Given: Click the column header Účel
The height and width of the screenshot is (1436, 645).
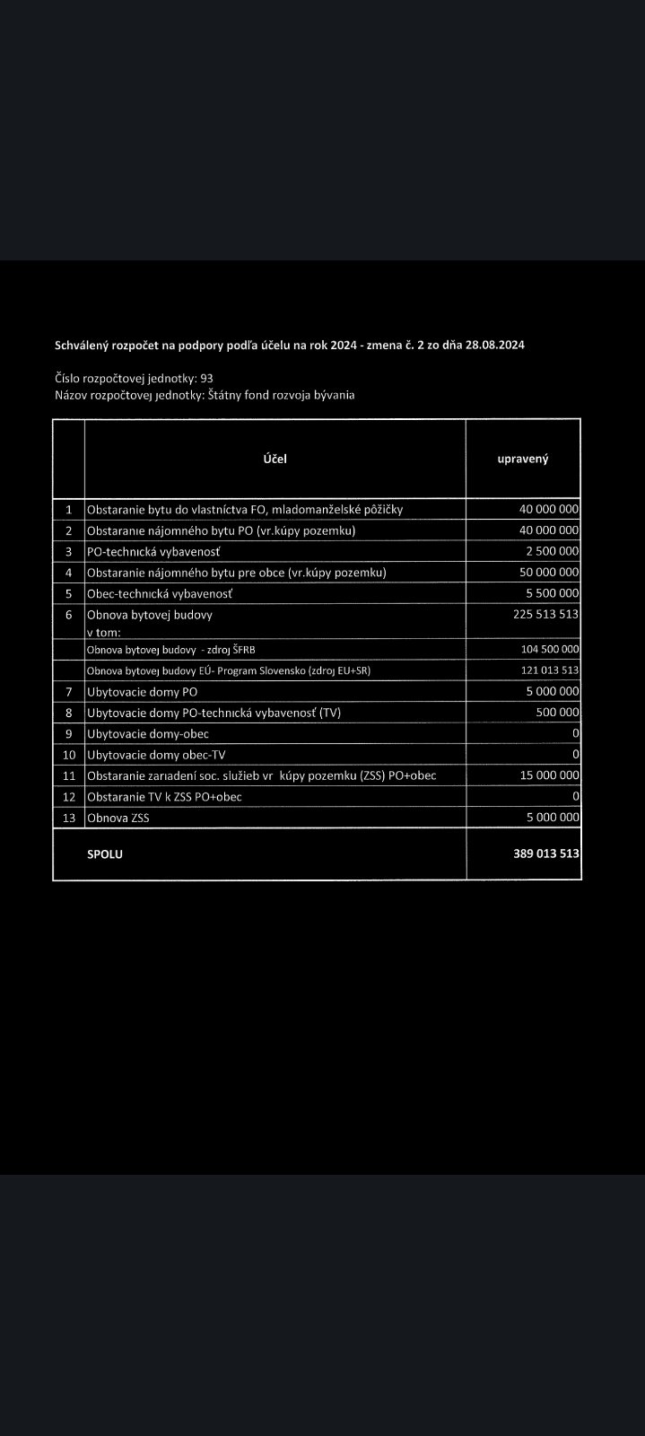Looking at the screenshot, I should click(275, 459).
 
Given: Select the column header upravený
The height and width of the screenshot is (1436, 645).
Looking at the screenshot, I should click(523, 459).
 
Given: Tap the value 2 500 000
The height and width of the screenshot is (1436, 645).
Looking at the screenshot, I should click(552, 551).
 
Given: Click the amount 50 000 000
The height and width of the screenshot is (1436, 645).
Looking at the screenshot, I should click(549, 572).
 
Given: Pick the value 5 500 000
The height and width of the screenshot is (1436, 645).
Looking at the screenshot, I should click(552, 593).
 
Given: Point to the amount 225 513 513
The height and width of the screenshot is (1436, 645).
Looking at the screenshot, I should click(545, 615).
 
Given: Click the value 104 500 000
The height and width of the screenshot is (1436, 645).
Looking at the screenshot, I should click(549, 649).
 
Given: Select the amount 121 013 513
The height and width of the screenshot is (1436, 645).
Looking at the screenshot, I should click(549, 670).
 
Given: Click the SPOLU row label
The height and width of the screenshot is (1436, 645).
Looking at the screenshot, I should click(105, 854).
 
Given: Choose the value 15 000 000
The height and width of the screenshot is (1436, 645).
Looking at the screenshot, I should click(549, 775).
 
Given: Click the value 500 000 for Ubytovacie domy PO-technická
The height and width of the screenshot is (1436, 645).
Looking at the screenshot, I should click(559, 712).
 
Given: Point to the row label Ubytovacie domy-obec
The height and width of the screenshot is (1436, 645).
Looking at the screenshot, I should click(148, 733).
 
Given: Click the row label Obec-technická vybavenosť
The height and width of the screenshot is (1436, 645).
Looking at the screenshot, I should click(159, 593).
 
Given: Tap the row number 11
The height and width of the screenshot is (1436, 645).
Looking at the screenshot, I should click(68, 775).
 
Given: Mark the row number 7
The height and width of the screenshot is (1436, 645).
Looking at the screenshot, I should click(68, 691).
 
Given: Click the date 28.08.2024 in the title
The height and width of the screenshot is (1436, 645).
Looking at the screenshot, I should click(495, 345).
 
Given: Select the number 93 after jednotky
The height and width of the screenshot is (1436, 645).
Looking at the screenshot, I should click(206, 379).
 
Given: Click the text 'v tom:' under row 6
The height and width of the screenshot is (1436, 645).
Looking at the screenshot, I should click(103, 632).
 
